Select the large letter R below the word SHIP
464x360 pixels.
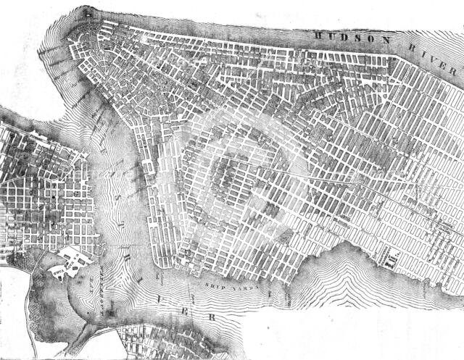click(x=212, y=318)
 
